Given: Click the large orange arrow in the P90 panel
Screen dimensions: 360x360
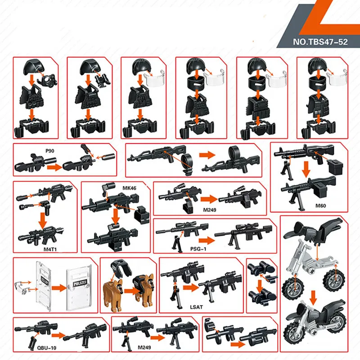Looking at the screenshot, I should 54,167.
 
